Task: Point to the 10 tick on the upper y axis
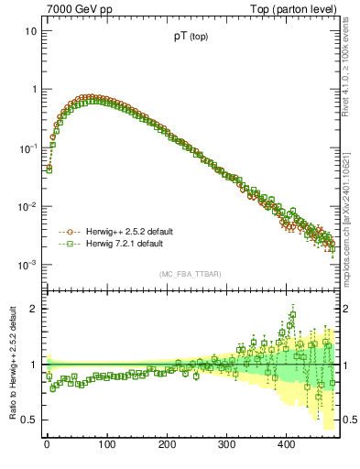30,31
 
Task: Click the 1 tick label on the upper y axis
33,90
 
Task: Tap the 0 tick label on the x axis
47,443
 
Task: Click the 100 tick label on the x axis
106,443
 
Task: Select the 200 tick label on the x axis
167,443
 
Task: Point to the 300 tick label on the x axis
226,443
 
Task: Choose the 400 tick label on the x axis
286,443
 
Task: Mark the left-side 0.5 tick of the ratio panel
29,420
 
